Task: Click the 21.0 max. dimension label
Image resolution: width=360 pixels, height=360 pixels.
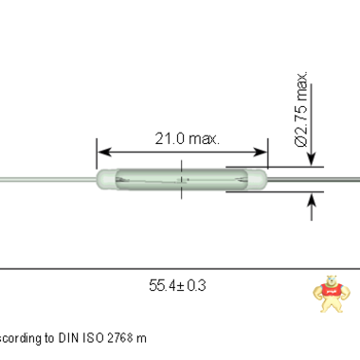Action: (186, 138)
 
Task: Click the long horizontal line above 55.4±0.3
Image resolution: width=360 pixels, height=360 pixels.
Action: (180, 269)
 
